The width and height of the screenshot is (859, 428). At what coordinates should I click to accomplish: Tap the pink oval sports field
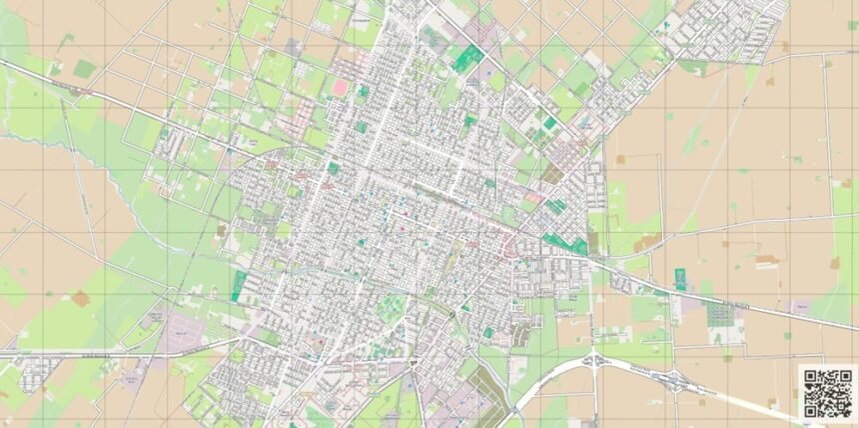(x=341, y=88)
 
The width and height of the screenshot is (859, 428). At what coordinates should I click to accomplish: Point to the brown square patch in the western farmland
(x=80, y=298)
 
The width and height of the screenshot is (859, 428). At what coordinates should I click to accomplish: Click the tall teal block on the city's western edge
(x=240, y=285)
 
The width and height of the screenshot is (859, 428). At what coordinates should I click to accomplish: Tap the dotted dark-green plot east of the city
(x=719, y=315)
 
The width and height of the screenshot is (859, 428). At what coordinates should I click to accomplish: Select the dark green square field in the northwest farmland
(x=85, y=69)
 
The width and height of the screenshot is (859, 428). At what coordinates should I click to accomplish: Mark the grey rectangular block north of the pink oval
(x=292, y=46)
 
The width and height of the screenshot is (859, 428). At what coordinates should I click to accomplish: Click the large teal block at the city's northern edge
(x=465, y=57)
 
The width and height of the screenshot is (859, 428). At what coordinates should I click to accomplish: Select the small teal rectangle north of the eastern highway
(x=680, y=279)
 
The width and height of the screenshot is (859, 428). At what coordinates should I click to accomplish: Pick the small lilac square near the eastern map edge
(x=799, y=305)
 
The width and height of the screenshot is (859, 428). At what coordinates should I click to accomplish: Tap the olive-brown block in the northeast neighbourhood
(x=552, y=174)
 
